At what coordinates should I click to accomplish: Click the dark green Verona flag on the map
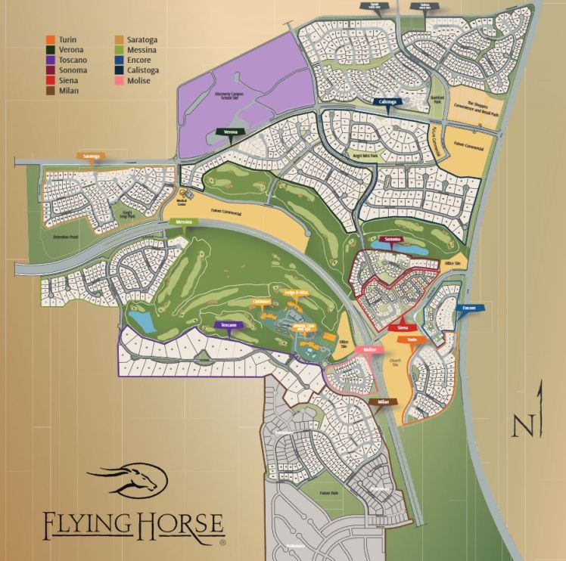click(x=232, y=132)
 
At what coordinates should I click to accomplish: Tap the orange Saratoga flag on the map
click(x=92, y=157)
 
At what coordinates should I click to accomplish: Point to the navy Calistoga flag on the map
click(x=387, y=101)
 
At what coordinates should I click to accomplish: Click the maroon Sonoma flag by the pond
click(x=392, y=240)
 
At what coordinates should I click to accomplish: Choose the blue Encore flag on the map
click(x=468, y=308)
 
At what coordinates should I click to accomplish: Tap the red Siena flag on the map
click(x=403, y=328)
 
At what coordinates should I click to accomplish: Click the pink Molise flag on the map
click(x=369, y=351)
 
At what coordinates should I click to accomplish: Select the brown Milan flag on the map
click(x=383, y=402)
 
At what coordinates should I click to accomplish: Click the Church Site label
click(x=393, y=361)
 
